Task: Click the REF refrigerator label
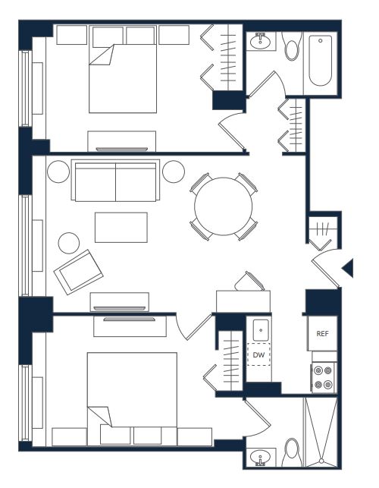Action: (x=322, y=334)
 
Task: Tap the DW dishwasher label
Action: (x=258, y=354)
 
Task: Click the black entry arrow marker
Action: (x=348, y=268)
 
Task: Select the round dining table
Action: (x=224, y=206)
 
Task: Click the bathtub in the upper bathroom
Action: (x=320, y=61)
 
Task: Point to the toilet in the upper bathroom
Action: (x=292, y=46)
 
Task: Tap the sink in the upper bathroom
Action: (x=260, y=43)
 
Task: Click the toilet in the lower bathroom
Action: (x=292, y=452)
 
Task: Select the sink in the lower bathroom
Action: (x=260, y=458)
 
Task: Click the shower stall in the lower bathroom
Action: (x=321, y=432)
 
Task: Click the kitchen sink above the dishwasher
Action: (x=261, y=330)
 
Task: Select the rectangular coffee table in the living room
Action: (x=121, y=228)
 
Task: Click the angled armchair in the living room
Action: (x=78, y=272)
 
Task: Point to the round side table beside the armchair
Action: (x=69, y=243)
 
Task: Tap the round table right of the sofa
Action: (x=174, y=172)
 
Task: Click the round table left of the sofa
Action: (x=58, y=172)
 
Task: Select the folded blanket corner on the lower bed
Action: (x=99, y=416)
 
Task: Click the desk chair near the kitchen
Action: (x=249, y=282)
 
